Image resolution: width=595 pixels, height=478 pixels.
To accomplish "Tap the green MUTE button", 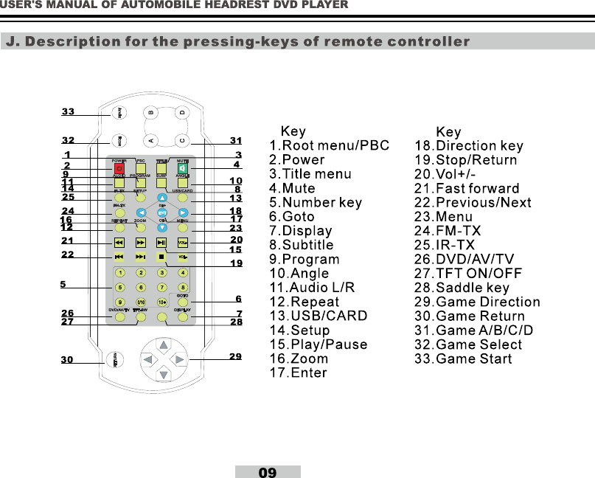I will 183,169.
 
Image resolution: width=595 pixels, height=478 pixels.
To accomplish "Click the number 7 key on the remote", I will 161,288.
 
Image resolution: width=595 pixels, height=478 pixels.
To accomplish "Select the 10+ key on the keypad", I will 161,302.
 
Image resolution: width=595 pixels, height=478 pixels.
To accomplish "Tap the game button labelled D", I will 182,113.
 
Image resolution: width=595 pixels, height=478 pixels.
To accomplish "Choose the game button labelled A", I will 150,140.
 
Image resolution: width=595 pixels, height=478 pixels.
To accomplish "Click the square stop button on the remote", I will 161,257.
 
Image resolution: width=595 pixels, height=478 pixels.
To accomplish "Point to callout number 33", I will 68,112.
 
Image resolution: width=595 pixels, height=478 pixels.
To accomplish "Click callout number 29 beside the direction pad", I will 235,356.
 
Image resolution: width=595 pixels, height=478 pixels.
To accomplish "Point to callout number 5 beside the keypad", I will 63,284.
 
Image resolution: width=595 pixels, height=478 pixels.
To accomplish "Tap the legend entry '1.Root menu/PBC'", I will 329,146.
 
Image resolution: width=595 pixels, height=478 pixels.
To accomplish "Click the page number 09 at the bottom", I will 268,472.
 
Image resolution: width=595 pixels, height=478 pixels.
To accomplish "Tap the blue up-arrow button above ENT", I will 161,198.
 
